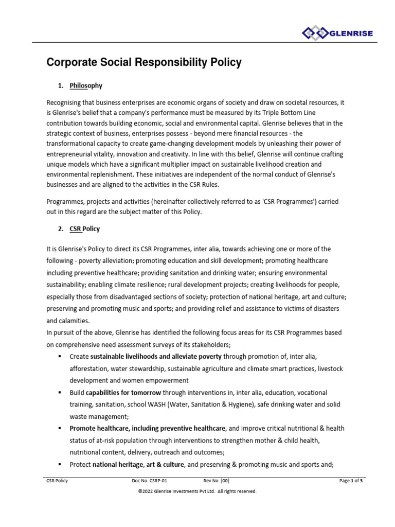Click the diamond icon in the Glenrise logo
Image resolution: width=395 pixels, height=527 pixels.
pos(314,34)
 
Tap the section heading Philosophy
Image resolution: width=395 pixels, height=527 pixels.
pos(86,85)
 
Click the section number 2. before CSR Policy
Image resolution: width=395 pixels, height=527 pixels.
pos(61,229)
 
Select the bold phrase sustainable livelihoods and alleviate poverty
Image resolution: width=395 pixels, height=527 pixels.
pos(156,356)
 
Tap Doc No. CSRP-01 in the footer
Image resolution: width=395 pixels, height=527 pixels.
pos(150,481)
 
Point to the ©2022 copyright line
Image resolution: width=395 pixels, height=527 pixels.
pos(197,491)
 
